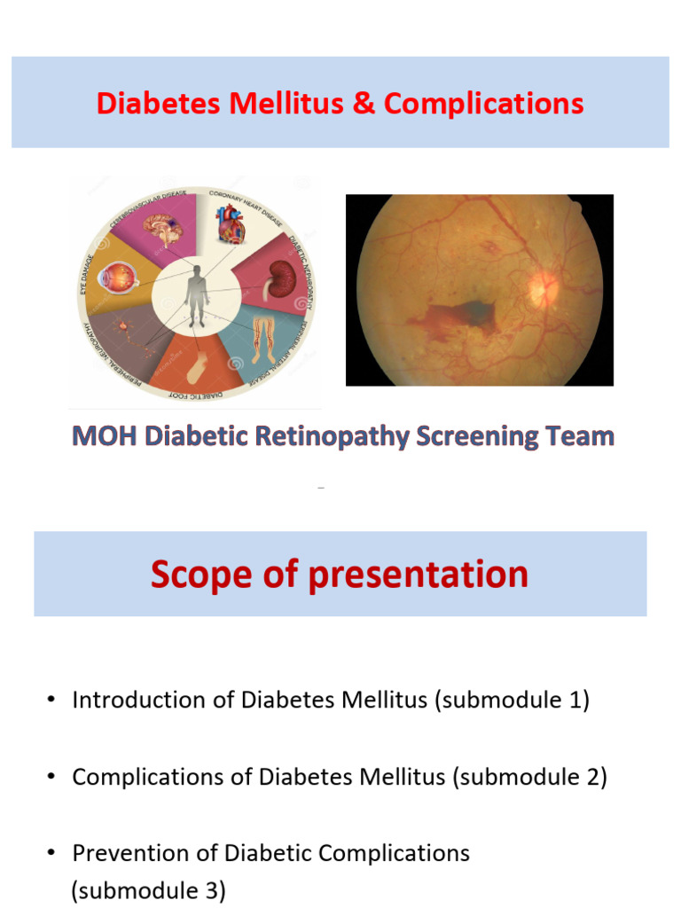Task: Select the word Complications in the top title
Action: click(x=483, y=104)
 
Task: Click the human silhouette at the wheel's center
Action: click(x=198, y=296)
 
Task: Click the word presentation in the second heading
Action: click(x=418, y=574)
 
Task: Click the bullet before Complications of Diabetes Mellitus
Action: click(x=52, y=777)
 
